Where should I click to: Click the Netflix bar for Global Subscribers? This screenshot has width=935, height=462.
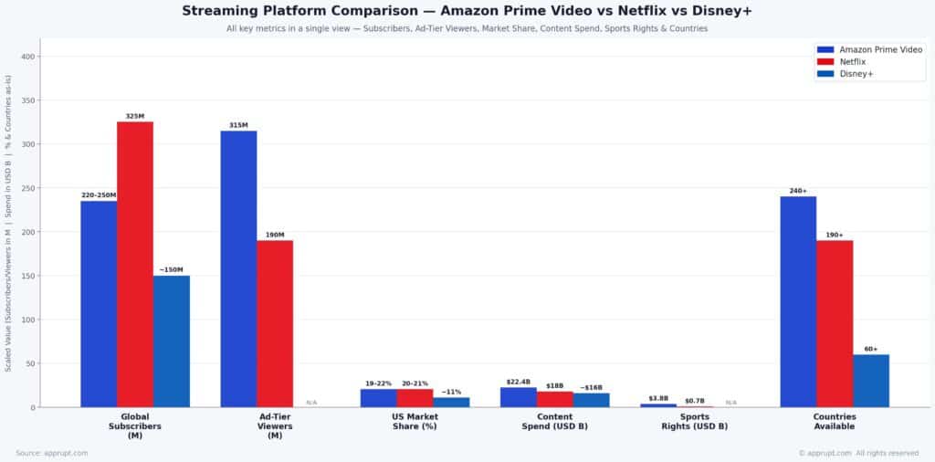pyautogui.click(x=135, y=265)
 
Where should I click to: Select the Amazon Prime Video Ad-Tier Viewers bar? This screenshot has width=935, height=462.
pyautogui.click(x=238, y=269)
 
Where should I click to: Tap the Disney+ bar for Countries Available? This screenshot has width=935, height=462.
pyautogui.click(x=871, y=381)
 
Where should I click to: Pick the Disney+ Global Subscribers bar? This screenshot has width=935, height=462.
pyautogui.click(x=172, y=341)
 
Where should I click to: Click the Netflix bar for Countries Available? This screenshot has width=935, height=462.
pyautogui.click(x=835, y=324)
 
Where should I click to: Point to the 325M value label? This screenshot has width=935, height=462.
pyautogui.click(x=135, y=117)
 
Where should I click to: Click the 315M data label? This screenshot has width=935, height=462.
pyautogui.click(x=238, y=125)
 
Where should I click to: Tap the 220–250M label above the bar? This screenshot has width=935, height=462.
pyautogui.click(x=99, y=195)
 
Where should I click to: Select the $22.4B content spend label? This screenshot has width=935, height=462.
pyautogui.click(x=518, y=382)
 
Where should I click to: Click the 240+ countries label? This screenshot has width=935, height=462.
pyautogui.click(x=798, y=191)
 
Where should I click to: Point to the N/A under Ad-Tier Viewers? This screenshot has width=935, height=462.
pyautogui.click(x=311, y=403)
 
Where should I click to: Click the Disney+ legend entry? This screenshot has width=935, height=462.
pyautogui.click(x=857, y=74)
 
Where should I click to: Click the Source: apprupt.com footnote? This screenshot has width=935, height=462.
pyautogui.click(x=53, y=453)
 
